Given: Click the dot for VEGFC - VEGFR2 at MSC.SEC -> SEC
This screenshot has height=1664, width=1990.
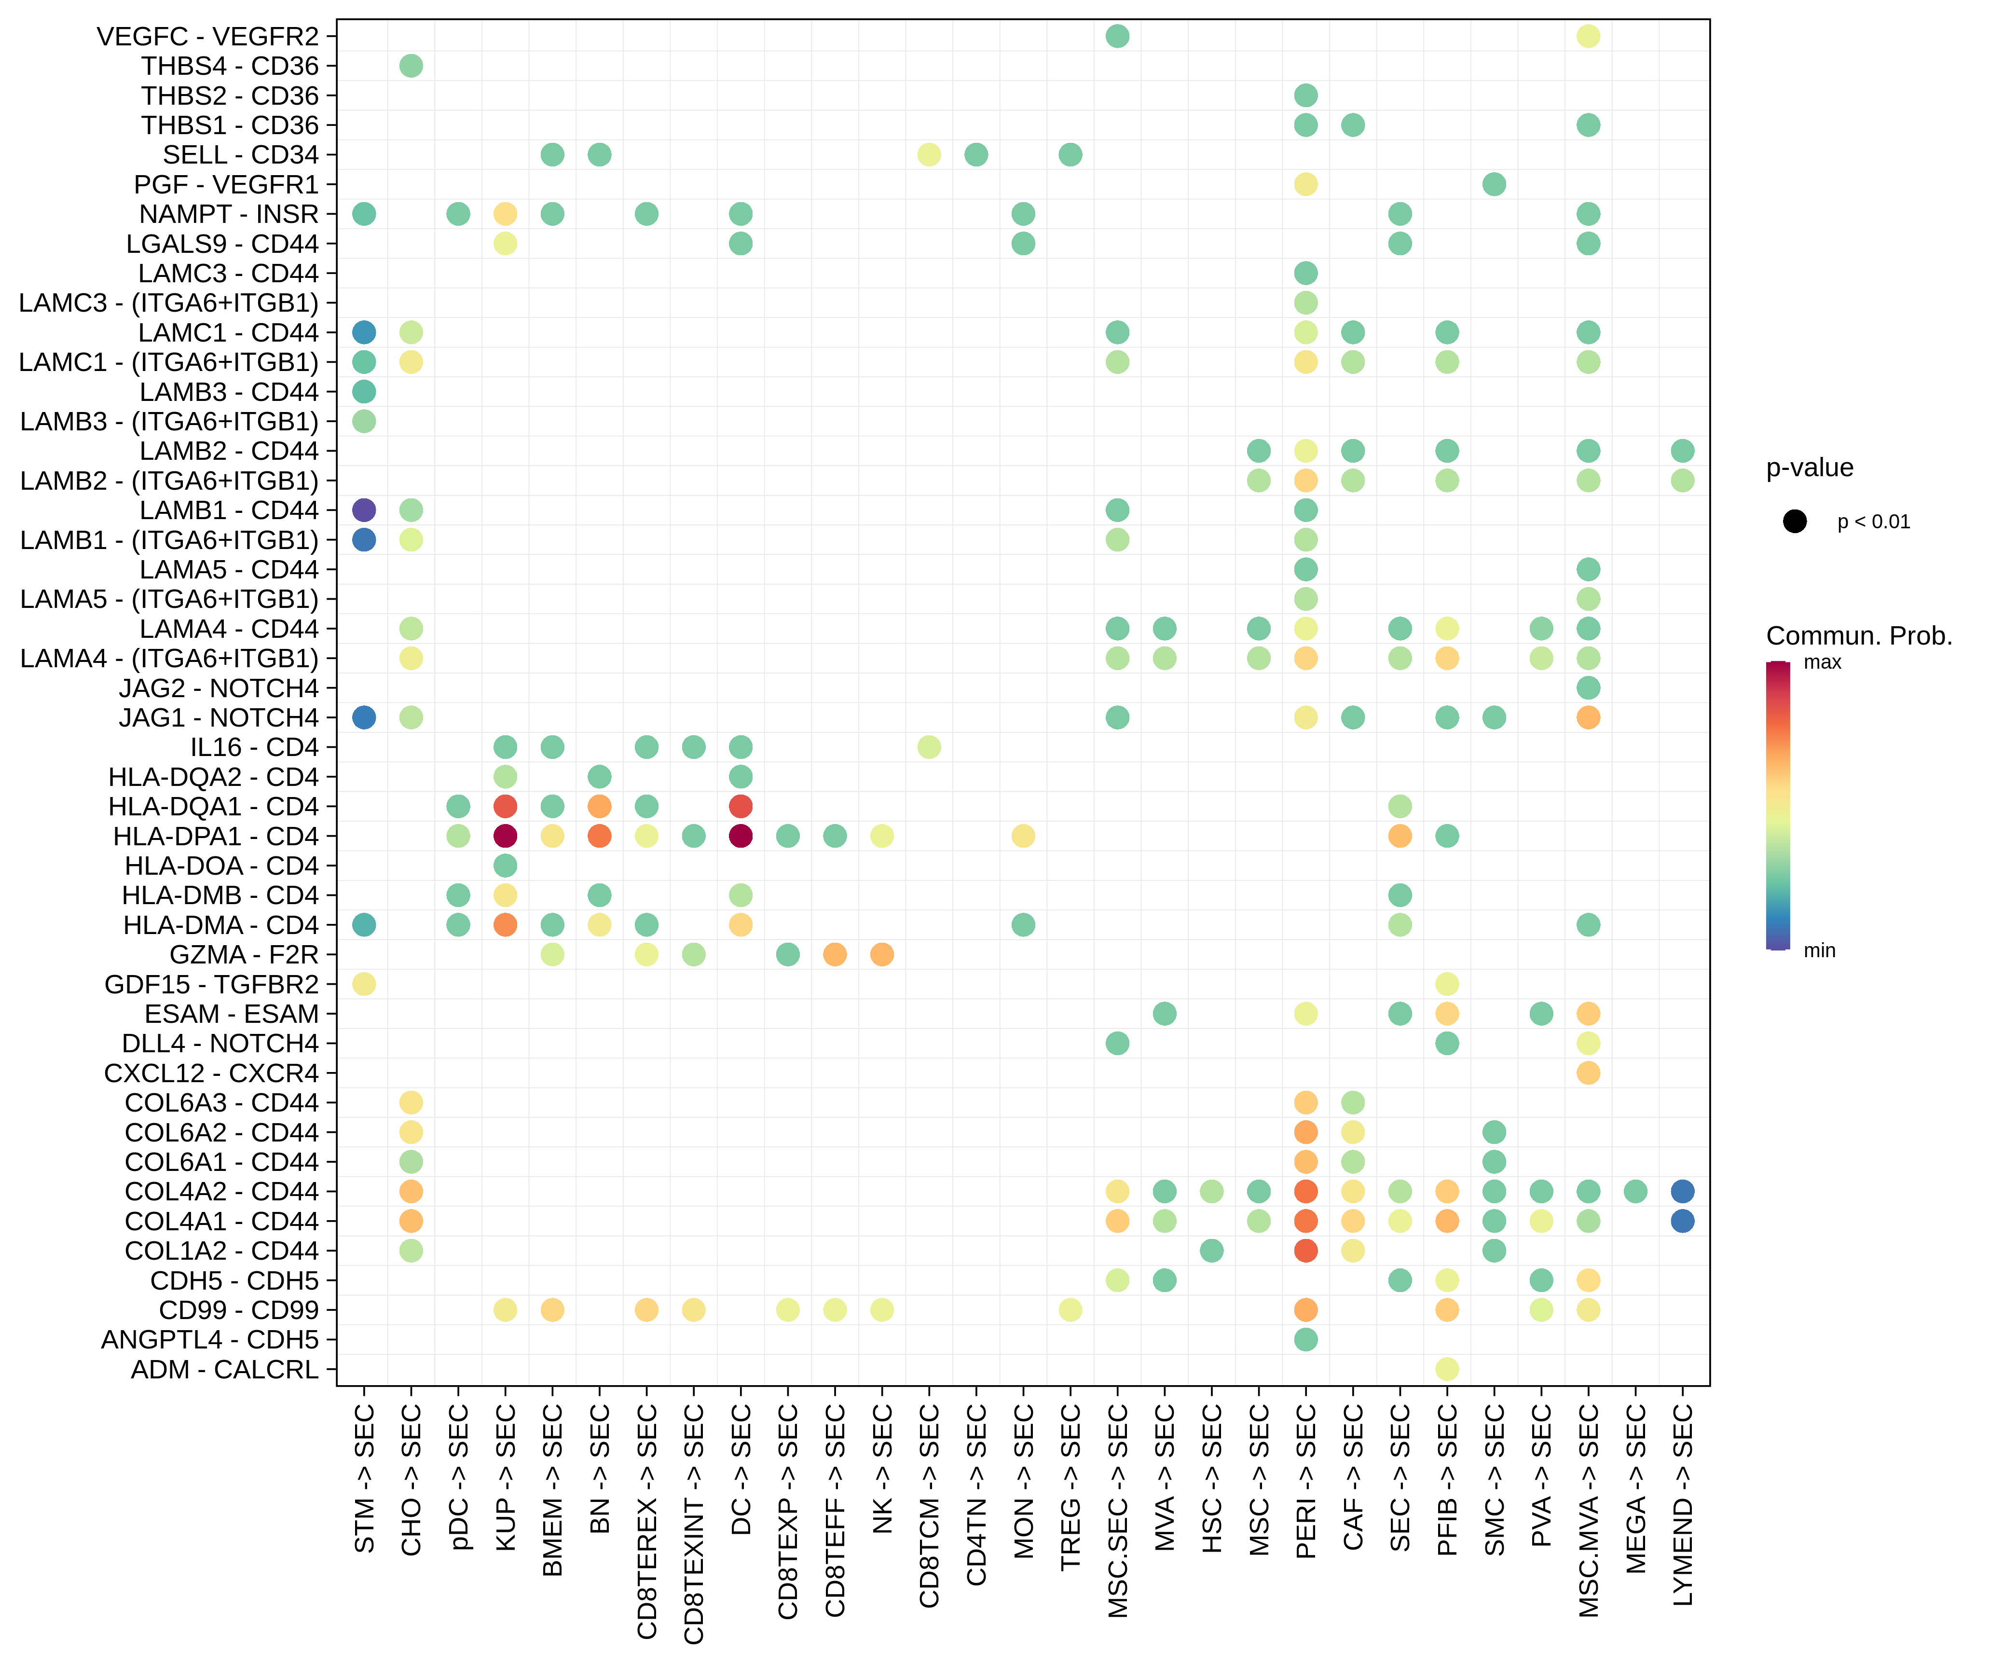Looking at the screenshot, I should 1117,36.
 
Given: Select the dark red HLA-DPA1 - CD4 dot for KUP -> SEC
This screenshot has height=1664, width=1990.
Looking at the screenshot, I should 505,836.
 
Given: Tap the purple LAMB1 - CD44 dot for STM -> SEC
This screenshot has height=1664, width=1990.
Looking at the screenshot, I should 364,510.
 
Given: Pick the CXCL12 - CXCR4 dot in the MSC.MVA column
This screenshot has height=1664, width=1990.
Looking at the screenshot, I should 1588,1073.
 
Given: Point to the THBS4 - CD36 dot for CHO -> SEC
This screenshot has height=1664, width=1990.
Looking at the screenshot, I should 411,66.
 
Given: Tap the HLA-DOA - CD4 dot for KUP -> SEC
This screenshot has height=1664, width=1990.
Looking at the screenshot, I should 505,865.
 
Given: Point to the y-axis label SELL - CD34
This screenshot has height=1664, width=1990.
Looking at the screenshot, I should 241,154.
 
